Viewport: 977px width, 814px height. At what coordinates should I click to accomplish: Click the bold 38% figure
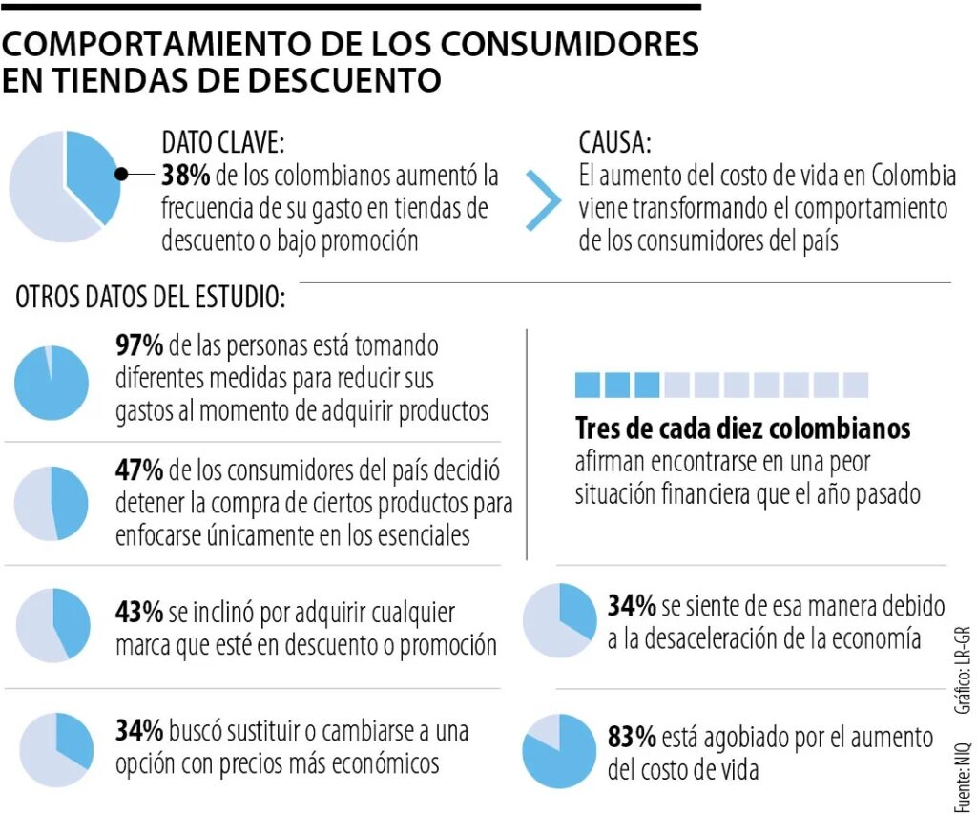187,177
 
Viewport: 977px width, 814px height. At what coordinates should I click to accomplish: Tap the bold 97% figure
139,346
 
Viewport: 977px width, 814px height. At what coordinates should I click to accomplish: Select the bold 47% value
139,470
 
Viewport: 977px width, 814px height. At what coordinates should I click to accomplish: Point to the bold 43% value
139,612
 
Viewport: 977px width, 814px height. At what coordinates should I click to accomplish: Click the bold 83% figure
632,737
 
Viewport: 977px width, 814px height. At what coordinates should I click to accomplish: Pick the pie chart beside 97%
52,383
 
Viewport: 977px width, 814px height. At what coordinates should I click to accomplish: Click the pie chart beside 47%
52,503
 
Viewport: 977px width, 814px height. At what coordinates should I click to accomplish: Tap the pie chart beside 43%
53,625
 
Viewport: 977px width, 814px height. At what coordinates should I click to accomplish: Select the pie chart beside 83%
558,751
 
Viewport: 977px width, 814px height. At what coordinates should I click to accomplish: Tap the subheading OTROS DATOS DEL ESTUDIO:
150,298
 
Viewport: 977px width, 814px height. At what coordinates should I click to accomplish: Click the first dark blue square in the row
588,385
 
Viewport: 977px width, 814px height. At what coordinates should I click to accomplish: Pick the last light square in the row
856,385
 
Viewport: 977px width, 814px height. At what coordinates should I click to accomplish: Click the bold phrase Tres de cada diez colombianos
742,428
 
